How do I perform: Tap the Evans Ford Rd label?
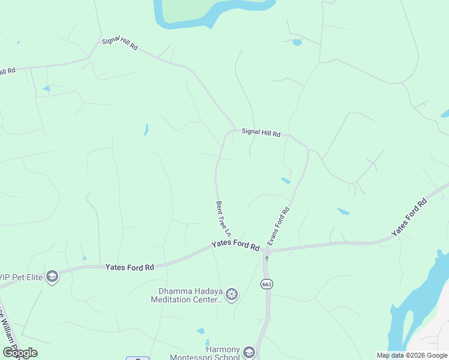279,226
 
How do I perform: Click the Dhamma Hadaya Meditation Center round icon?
232,295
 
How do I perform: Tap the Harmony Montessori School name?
214,353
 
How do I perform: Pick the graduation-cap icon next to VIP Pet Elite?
52,276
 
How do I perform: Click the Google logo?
20,352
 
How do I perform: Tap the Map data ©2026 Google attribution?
412,355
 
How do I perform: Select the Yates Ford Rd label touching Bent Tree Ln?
235,246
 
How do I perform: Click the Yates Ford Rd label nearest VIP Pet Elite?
130,267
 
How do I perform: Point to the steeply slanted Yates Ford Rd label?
409,216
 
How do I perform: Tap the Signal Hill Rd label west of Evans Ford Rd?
261,133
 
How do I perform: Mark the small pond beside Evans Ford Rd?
286,180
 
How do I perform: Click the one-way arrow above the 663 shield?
267,259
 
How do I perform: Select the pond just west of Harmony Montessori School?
200,331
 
